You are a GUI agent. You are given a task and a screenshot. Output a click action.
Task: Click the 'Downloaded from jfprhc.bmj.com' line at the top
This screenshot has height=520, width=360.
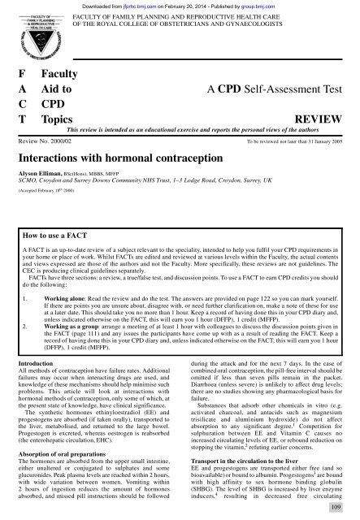coord(179,5)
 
